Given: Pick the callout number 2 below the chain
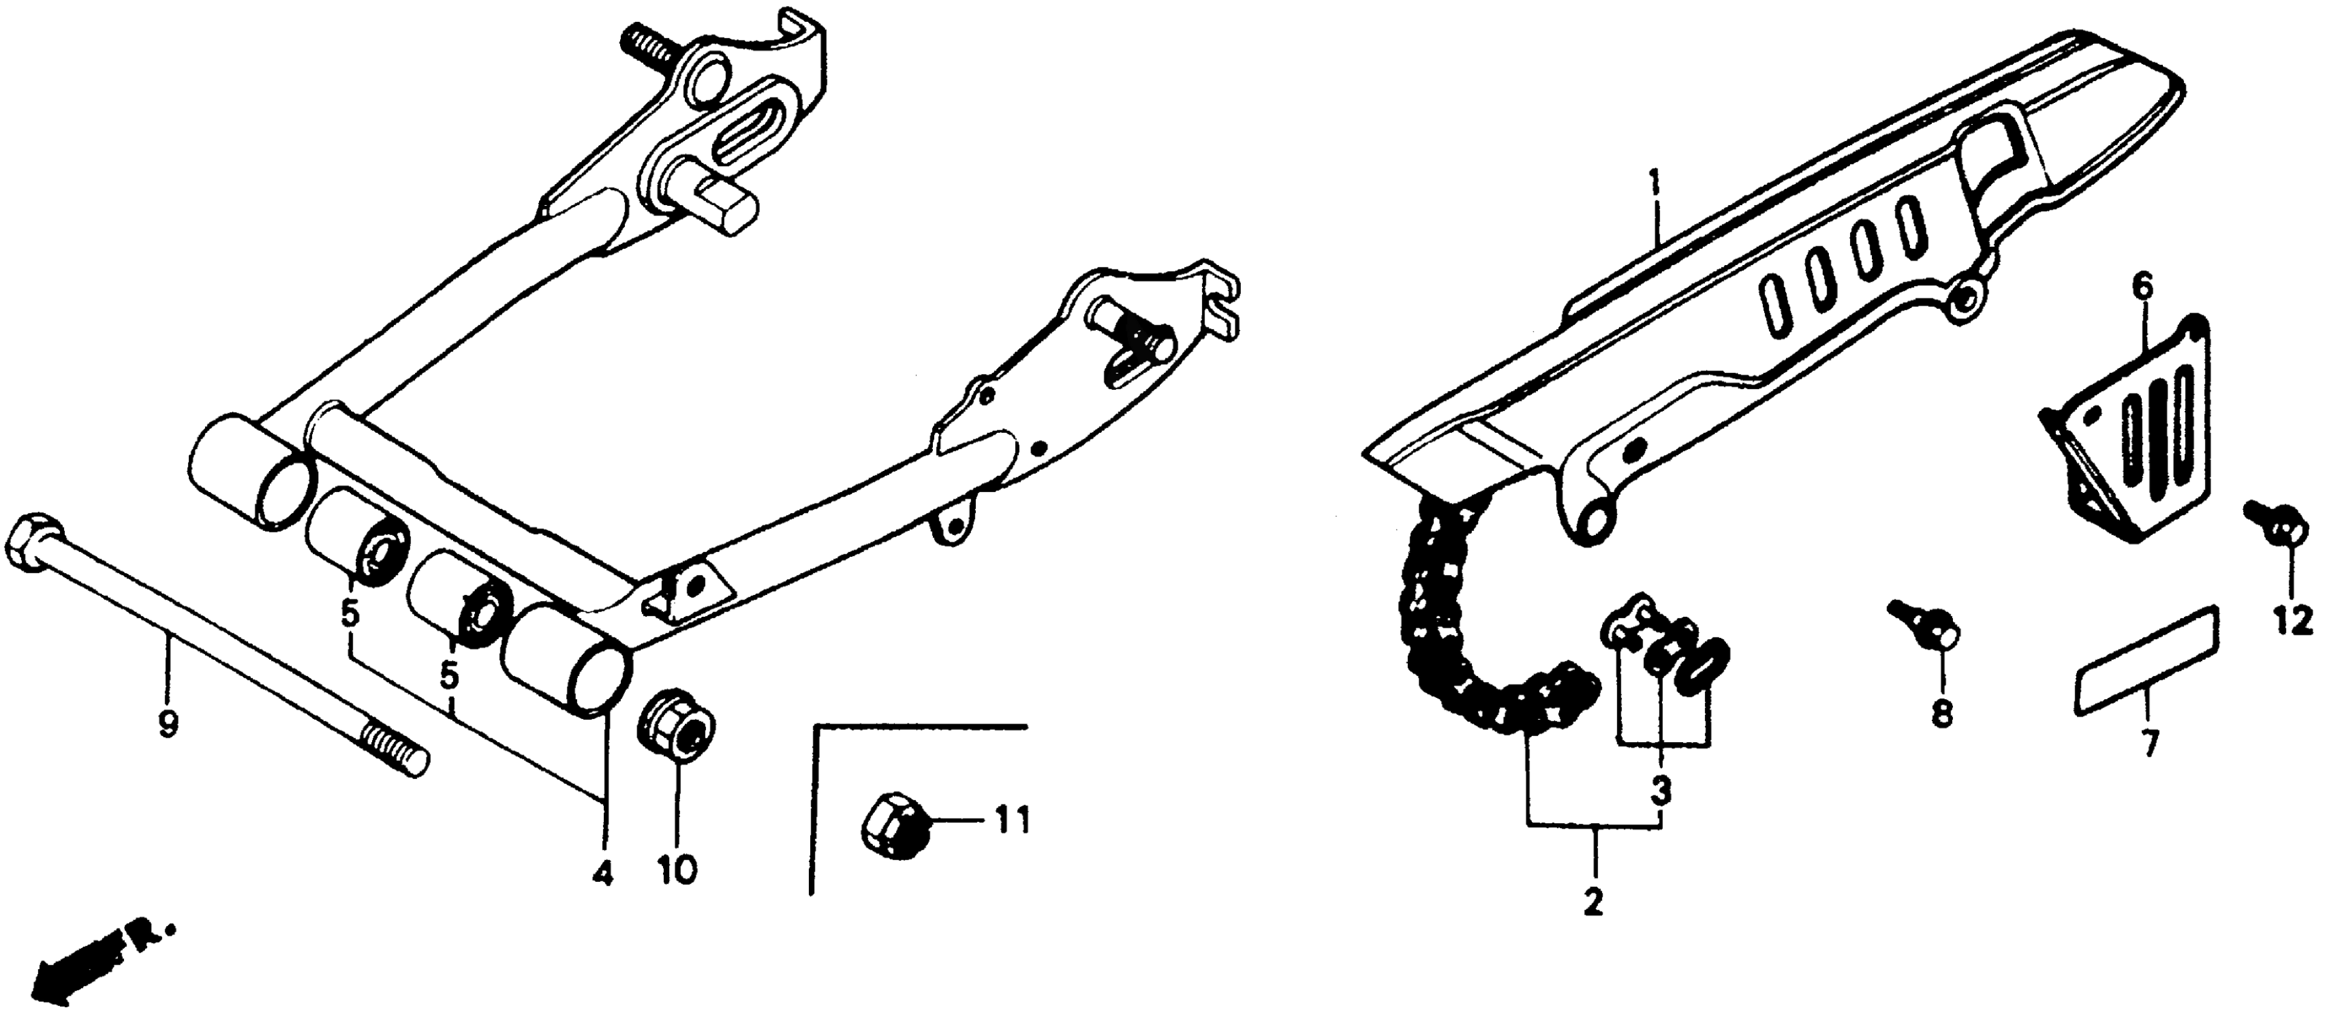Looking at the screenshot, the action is pos(1594,901).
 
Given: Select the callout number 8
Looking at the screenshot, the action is pos(1941,713).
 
